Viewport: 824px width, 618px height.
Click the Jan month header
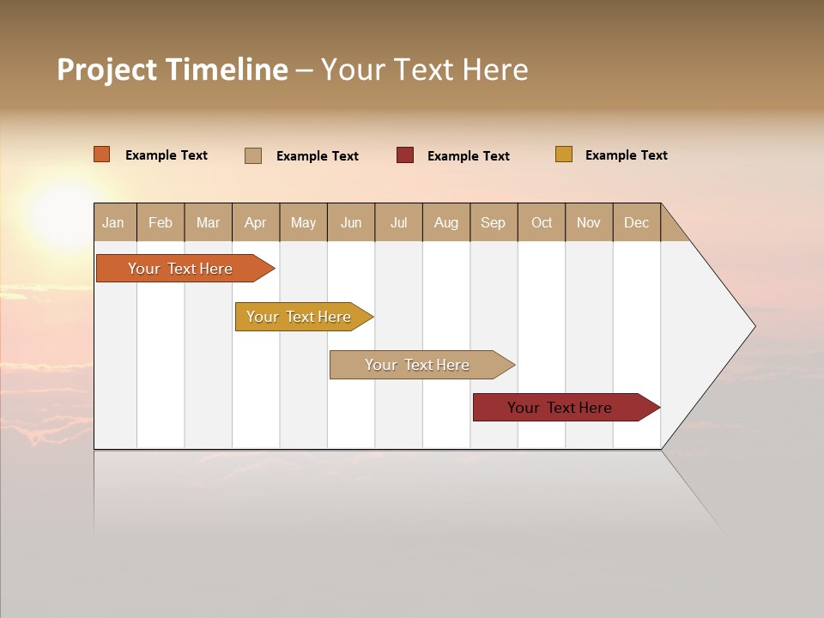tap(114, 222)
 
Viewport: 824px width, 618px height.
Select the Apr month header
tap(256, 222)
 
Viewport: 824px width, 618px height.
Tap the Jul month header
tap(398, 222)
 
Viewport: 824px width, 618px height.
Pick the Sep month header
tap(494, 222)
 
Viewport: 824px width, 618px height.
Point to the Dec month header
tap(636, 222)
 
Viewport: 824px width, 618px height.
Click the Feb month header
tap(161, 222)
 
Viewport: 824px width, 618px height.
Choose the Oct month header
tap(542, 222)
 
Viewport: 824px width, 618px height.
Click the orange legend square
tap(102, 154)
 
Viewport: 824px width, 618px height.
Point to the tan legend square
tap(253, 155)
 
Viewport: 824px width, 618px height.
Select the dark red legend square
tap(405, 155)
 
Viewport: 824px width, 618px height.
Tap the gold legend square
tap(564, 154)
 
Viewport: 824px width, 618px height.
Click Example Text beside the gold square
tap(626, 155)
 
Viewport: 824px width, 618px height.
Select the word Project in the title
tap(106, 70)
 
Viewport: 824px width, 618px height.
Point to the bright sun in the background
tap(64, 210)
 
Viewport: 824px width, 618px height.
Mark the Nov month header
tap(589, 222)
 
